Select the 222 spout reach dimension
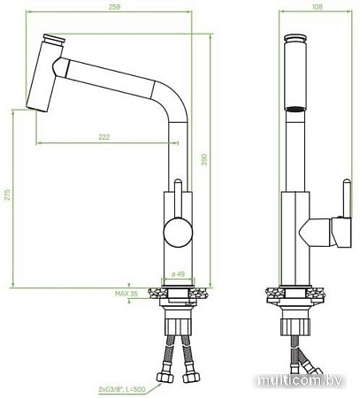pyautogui.click(x=105, y=137)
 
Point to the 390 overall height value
pyautogui.click(x=205, y=159)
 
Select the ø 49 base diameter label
pyautogui.click(x=178, y=274)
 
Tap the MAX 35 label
pyautogui.click(x=127, y=293)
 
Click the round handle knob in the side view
pyautogui.click(x=178, y=235)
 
